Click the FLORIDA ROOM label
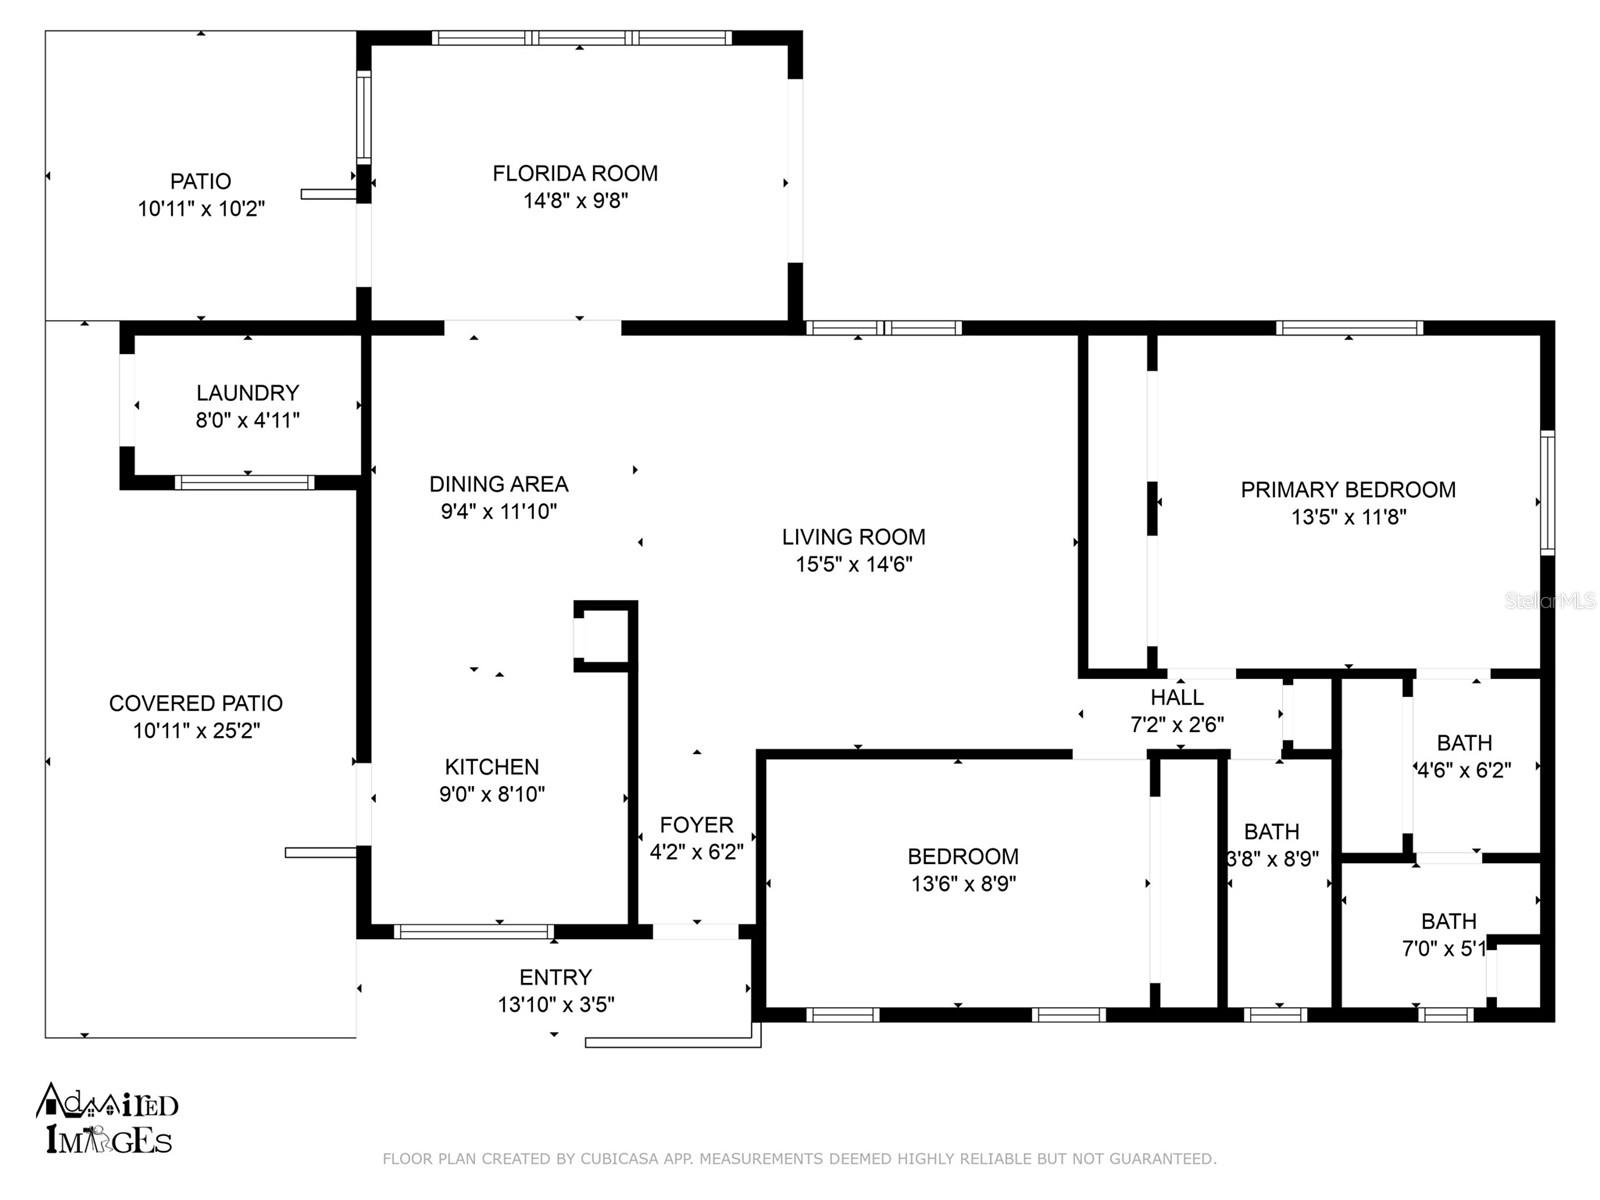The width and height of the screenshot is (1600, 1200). [x=574, y=173]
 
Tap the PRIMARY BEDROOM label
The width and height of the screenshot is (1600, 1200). [x=1348, y=490]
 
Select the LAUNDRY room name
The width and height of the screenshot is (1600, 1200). [x=248, y=393]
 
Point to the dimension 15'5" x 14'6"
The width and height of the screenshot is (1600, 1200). [x=854, y=564]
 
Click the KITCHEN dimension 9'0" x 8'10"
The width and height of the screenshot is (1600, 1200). [x=492, y=793]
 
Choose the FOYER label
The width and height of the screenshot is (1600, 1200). [x=696, y=825]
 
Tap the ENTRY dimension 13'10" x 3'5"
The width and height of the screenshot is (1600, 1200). [x=556, y=1005]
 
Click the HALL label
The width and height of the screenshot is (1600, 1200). [x=1176, y=697]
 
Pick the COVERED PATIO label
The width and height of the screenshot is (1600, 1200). [x=196, y=703]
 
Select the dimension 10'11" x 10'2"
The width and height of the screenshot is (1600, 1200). [x=201, y=208]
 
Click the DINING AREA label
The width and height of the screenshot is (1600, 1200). [x=499, y=484]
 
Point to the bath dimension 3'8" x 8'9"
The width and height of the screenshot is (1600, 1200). [x=1273, y=859]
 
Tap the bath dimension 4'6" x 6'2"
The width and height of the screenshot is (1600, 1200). [x=1464, y=770]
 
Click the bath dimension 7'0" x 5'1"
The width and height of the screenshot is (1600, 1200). [x=1444, y=949]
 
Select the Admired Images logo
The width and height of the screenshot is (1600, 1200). [x=106, y=1118]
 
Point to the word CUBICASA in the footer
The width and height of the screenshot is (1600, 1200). [x=619, y=1158]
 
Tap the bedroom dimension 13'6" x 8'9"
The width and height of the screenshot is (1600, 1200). [x=964, y=883]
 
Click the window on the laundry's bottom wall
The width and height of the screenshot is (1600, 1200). [x=245, y=482]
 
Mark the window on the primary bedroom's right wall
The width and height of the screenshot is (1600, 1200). [x=1548, y=493]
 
